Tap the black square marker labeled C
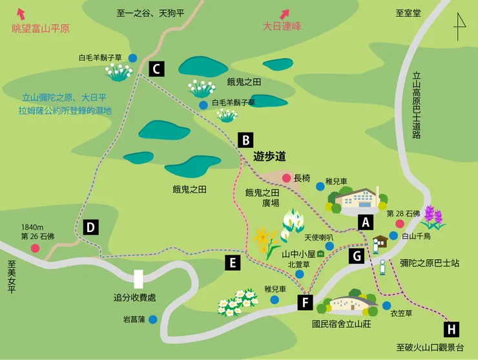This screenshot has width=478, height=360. pyautogui.click(x=156, y=69)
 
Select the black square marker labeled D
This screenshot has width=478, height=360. pyautogui.click(x=91, y=227)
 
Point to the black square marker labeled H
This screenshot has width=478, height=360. pyautogui.click(x=452, y=329)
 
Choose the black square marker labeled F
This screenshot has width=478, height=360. pyautogui.click(x=306, y=302)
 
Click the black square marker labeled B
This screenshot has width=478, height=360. pyautogui.click(x=245, y=140)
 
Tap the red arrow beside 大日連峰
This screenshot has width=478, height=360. pyautogui.click(x=284, y=13)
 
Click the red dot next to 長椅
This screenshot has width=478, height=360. pyautogui.click(x=286, y=178)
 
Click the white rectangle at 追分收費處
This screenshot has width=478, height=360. pyautogui.click(x=138, y=279)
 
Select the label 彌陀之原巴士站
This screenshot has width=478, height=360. pyautogui.click(x=429, y=263)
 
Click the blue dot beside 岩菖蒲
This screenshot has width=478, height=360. pyautogui.click(x=153, y=319)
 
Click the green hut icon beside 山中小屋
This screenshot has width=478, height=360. pyautogui.click(x=320, y=254)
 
